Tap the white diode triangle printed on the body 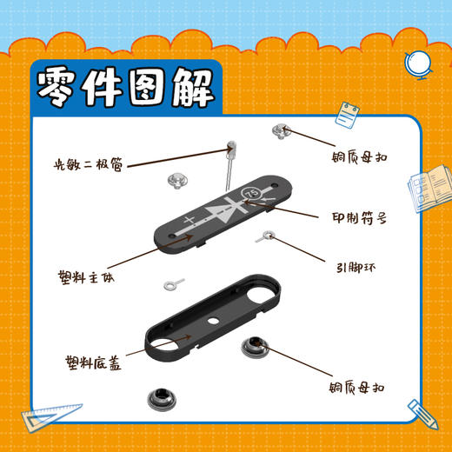[224, 213]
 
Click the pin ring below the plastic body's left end [173, 283]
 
